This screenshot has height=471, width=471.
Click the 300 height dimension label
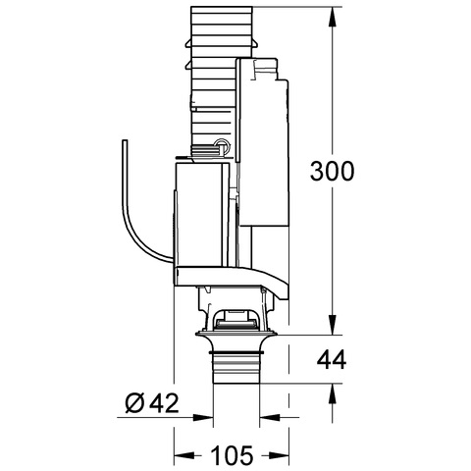point(332,171)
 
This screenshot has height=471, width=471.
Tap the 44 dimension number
point(332,359)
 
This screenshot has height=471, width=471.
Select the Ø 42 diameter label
point(152,402)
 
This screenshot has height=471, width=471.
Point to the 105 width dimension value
point(233,454)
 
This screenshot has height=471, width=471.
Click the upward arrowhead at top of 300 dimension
point(333,17)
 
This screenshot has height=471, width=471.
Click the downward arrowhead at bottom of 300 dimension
point(333,325)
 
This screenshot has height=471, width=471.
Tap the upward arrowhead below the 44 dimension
point(333,393)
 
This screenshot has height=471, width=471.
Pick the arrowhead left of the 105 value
point(183,455)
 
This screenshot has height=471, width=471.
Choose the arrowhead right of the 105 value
point(279,455)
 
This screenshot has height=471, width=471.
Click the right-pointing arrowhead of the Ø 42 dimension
point(203,418)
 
